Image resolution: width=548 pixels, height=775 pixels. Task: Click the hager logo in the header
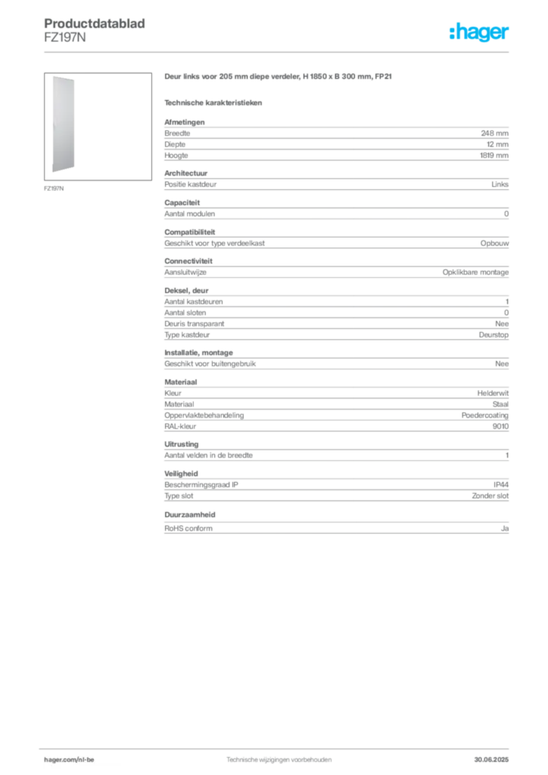479,32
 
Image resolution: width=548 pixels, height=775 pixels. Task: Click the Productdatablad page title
95,23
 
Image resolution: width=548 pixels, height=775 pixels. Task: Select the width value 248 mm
494,133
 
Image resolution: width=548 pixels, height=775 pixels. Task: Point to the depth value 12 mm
497,145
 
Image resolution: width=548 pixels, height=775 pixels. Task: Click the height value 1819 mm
494,155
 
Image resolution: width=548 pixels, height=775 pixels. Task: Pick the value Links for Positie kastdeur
500,185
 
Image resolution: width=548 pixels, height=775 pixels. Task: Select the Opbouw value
494,243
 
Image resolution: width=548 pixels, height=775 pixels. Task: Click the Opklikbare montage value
475,272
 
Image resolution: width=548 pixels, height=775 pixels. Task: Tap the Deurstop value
494,335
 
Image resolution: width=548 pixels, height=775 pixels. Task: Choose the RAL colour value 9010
500,426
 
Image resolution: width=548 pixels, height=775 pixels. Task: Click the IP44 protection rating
501,485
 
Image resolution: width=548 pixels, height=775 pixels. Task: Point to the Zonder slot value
490,496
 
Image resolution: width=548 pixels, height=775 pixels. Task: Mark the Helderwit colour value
493,393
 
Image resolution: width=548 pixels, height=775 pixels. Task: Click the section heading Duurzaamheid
190,515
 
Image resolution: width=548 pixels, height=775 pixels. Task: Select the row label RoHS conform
188,528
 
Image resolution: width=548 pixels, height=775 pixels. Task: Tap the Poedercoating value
484,416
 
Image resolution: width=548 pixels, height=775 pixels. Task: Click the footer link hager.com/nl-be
69,760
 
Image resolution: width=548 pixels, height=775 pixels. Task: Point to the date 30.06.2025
491,760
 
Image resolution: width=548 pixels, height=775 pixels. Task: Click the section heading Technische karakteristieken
213,103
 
